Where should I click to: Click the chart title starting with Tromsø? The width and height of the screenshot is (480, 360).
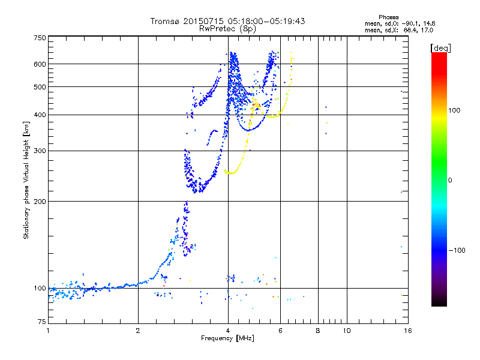pos(227,21)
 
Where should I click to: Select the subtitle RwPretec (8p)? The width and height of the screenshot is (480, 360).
pos(227,28)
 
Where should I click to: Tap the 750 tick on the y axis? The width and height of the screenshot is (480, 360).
pos(40,38)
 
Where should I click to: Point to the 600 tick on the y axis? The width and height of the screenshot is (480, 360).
pos(40,64)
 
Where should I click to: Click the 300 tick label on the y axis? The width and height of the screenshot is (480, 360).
pos(40,151)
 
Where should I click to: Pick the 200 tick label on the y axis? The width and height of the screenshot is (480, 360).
pos(40,202)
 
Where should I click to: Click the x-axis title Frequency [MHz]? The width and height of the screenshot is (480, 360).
pos(227,338)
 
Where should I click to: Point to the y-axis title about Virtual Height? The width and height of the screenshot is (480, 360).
pos(26,180)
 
